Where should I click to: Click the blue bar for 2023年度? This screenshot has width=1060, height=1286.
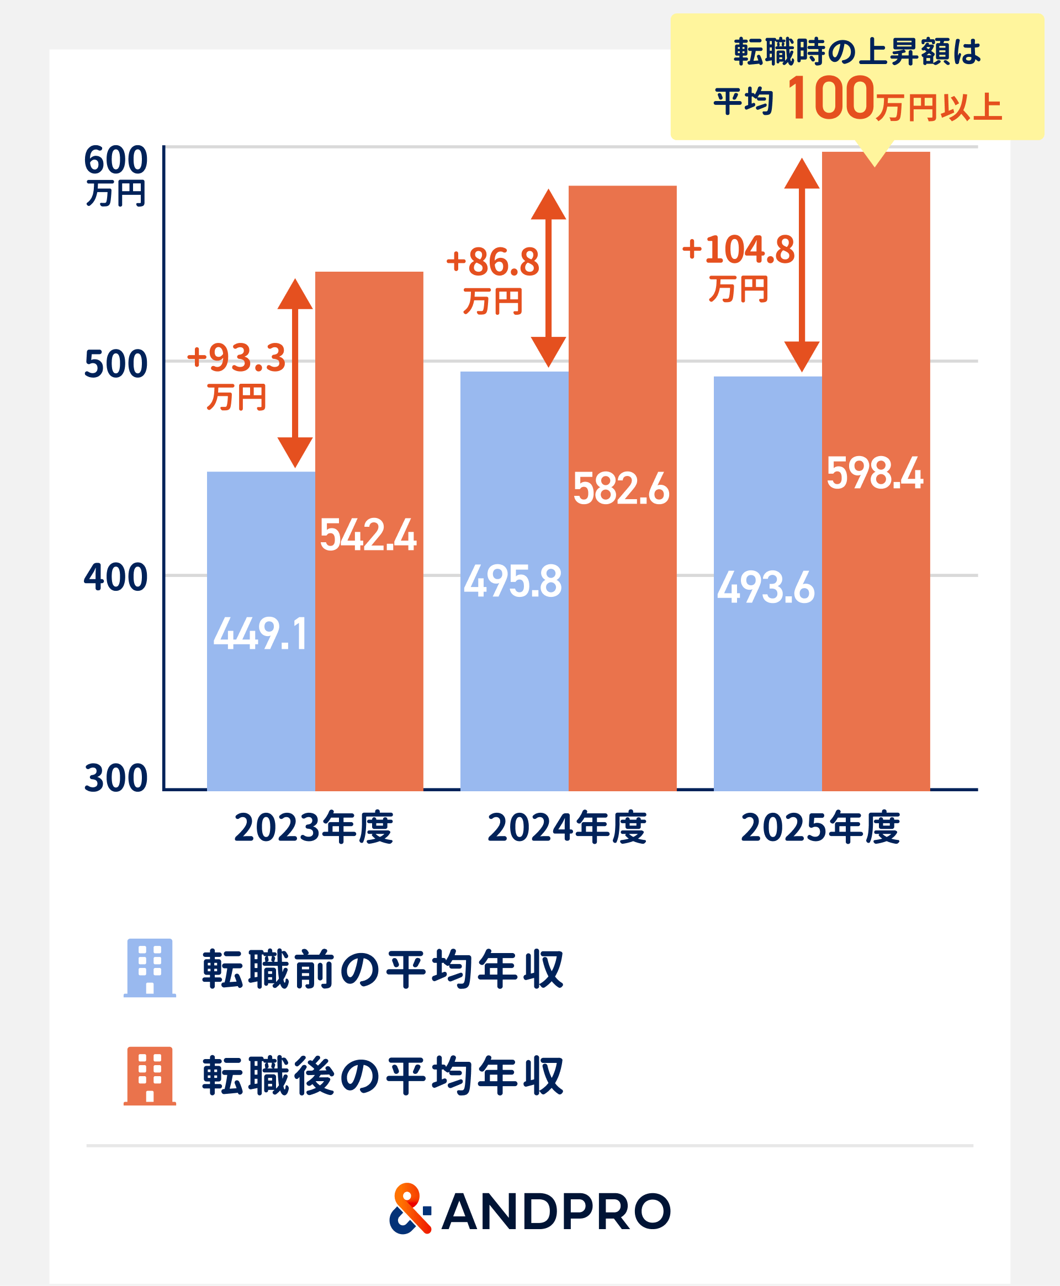tap(261, 631)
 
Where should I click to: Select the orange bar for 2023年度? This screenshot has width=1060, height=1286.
tap(369, 531)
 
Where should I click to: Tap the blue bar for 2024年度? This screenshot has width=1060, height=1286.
tap(514, 581)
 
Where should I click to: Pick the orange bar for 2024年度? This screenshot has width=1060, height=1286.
tap(622, 489)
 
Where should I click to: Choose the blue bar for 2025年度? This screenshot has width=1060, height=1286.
tap(767, 584)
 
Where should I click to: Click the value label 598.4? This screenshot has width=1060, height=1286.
tap(875, 473)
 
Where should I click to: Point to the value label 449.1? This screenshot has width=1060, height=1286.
tap(260, 633)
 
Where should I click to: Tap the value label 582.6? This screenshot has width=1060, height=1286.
tap(621, 489)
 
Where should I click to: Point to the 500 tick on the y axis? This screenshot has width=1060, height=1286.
tap(116, 364)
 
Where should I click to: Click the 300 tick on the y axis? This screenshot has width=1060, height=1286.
tap(116, 779)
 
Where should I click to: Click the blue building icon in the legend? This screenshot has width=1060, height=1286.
tap(150, 968)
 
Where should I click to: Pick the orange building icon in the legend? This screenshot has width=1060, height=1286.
tap(150, 1076)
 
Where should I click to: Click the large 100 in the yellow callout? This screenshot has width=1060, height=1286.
tap(831, 98)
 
